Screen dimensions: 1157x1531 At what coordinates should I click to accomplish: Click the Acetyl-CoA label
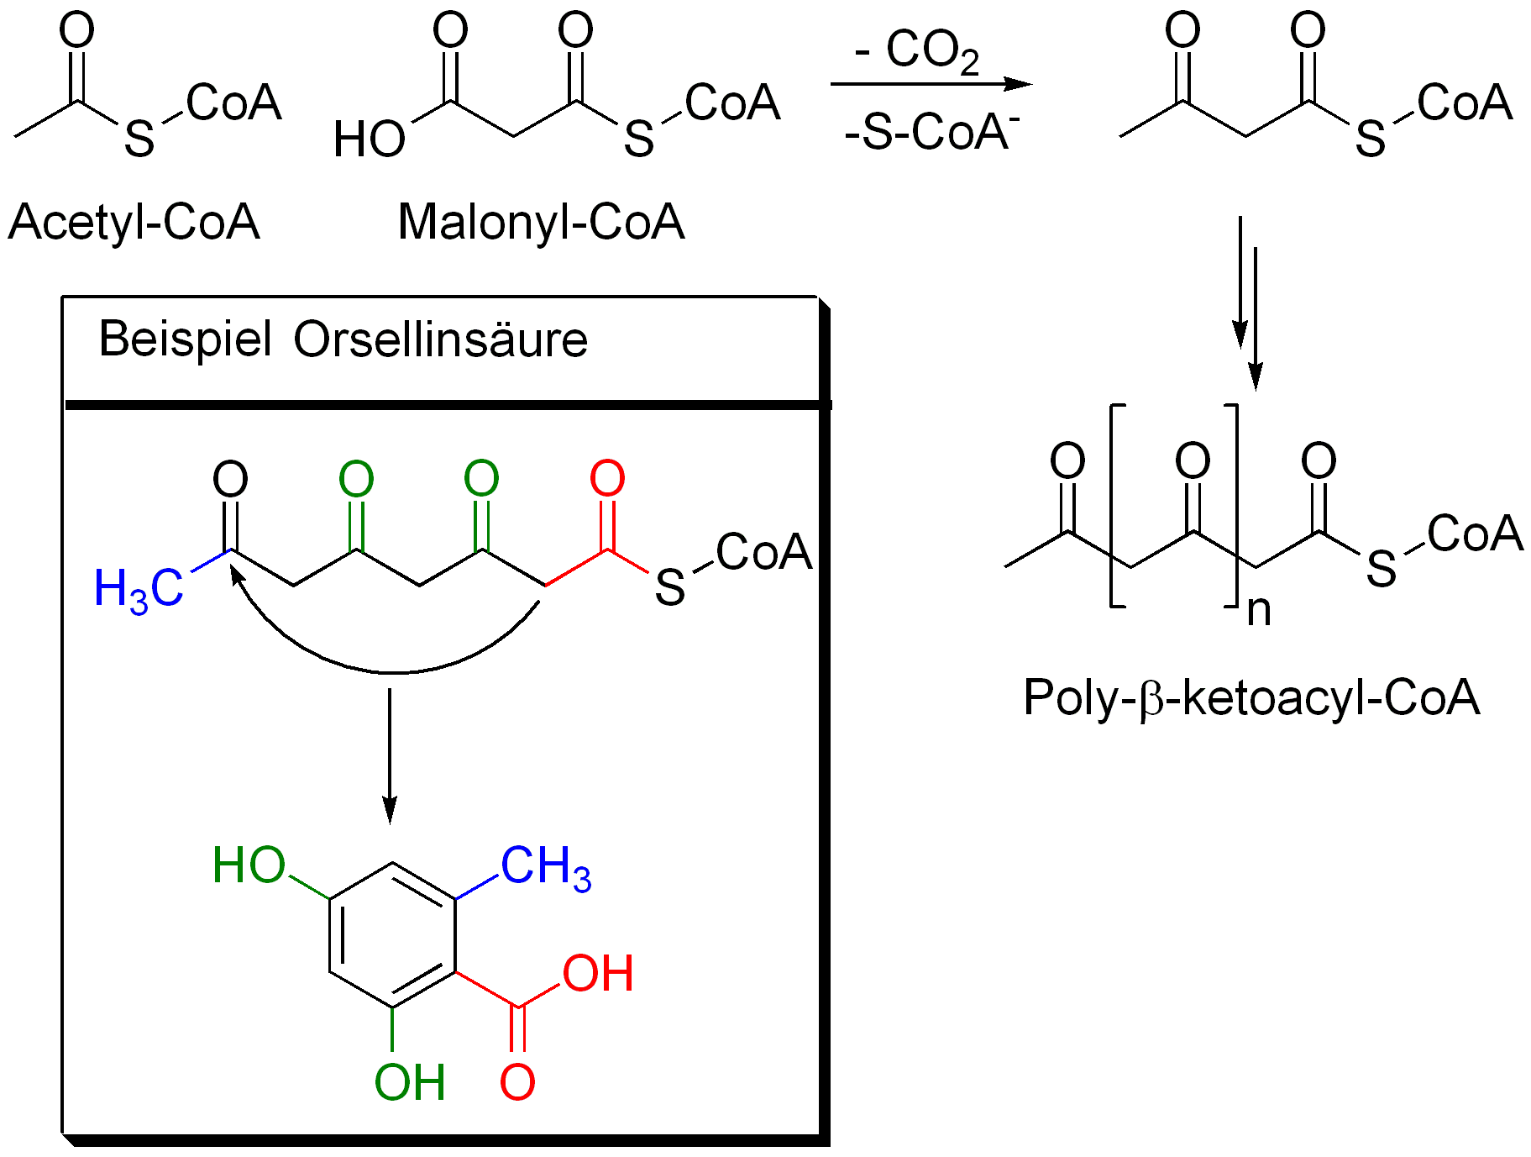point(134,223)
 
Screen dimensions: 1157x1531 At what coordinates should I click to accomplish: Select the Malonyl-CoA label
point(541,223)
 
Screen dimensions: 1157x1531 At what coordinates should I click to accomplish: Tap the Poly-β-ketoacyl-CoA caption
point(1250,697)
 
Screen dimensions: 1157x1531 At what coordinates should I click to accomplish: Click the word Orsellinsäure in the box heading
point(440,339)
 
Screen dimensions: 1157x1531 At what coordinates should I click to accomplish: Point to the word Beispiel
point(186,339)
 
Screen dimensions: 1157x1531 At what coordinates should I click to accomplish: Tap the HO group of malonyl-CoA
point(369,139)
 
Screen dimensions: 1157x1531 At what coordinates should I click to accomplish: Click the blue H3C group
point(138,588)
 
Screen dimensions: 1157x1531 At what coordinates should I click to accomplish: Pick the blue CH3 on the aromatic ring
point(546,866)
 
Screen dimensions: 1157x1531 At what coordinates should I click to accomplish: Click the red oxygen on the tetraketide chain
point(607,479)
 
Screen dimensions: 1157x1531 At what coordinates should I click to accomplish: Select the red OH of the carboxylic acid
point(597,974)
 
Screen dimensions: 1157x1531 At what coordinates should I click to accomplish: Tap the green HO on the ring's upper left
point(249,865)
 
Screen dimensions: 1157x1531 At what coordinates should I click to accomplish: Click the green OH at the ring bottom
point(410,1082)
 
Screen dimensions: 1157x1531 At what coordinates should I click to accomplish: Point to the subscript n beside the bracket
point(1258,611)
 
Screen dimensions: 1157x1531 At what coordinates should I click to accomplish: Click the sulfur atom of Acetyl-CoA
point(139,139)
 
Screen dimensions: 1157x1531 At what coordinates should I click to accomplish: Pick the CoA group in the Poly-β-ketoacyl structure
point(1475,534)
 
